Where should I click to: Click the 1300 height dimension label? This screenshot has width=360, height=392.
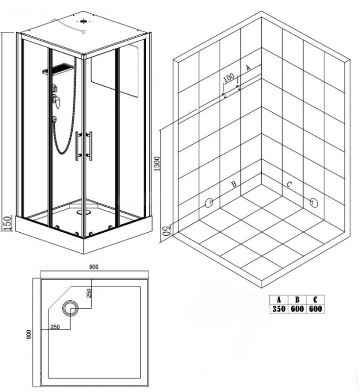click(x=157, y=164)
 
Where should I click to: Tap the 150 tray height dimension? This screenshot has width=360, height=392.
click(x=7, y=223)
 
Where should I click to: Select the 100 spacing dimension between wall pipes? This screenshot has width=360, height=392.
click(x=229, y=77)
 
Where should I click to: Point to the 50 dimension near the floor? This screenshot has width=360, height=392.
click(x=167, y=230)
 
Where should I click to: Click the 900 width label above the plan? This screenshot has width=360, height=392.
click(x=94, y=267)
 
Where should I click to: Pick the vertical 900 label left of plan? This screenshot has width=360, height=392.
click(x=29, y=335)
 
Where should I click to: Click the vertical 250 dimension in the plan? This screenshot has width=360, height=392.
click(x=90, y=293)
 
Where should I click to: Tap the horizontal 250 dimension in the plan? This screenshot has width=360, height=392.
click(x=55, y=327)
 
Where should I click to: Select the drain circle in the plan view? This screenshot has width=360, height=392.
click(x=70, y=308)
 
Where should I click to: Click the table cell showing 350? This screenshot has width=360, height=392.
click(x=279, y=309)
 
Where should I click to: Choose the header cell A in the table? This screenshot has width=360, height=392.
click(x=279, y=299)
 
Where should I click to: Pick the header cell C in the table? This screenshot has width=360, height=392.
click(x=315, y=299)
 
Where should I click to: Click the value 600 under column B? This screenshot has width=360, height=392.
click(x=297, y=309)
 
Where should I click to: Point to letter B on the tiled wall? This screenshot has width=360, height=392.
click(x=234, y=184)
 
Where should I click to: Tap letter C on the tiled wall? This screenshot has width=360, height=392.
click(x=289, y=185)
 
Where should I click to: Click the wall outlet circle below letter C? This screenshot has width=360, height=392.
click(x=314, y=202)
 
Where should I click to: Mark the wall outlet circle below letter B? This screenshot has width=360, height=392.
click(x=209, y=203)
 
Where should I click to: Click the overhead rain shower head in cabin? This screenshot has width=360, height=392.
click(x=58, y=69)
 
